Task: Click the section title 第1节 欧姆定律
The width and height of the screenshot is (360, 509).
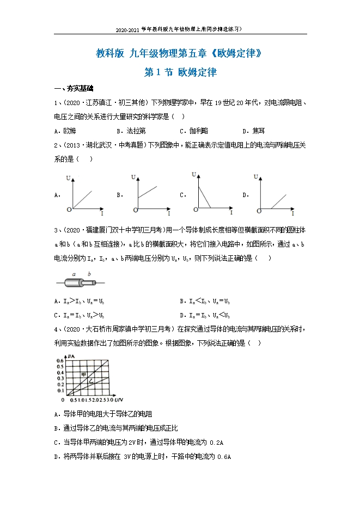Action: click(x=180, y=72)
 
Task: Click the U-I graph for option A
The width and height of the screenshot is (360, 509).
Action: click(x=84, y=194)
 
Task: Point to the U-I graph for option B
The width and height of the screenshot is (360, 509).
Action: click(x=147, y=194)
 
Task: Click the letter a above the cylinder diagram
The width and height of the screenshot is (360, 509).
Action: click(x=74, y=274)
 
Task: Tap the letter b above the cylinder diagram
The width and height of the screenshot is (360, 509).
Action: click(x=88, y=274)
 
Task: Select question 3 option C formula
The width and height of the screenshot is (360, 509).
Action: click(x=85, y=315)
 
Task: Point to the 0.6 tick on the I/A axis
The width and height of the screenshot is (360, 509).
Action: click(x=60, y=360)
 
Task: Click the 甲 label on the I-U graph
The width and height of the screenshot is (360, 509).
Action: click(x=84, y=373)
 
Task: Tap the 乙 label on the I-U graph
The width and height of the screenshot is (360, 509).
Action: click(x=92, y=383)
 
